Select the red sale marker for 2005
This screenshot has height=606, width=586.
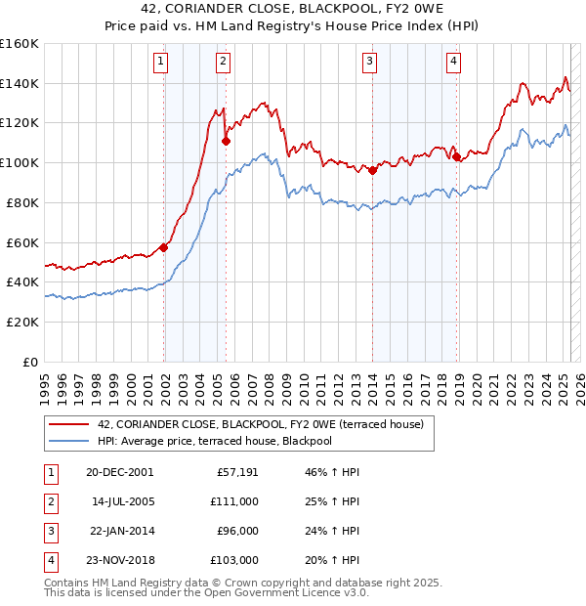point(226,141)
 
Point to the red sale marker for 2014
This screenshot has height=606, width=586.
point(373,170)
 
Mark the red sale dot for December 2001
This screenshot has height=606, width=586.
point(163,247)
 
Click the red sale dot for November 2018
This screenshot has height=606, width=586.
point(456,156)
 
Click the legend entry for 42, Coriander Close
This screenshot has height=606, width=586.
point(260,424)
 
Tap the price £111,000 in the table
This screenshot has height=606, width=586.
point(234,501)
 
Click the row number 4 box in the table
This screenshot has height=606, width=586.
point(50,560)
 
